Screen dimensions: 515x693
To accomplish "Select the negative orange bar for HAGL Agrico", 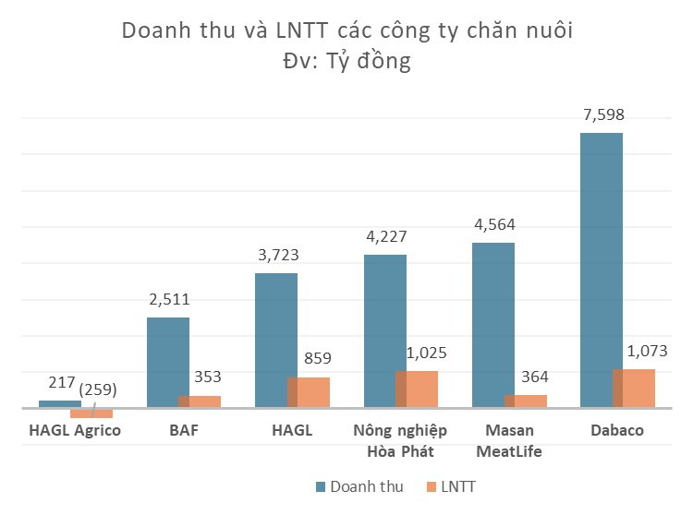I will tap(91, 413).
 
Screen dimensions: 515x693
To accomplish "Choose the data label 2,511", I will tap(169, 299).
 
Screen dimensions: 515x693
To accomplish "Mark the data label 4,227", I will tap(384, 236).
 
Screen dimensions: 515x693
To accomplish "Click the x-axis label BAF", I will tap(184, 431).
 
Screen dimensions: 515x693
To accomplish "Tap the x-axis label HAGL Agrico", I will tap(75, 431).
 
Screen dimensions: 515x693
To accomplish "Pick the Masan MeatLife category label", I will tap(508, 441).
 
